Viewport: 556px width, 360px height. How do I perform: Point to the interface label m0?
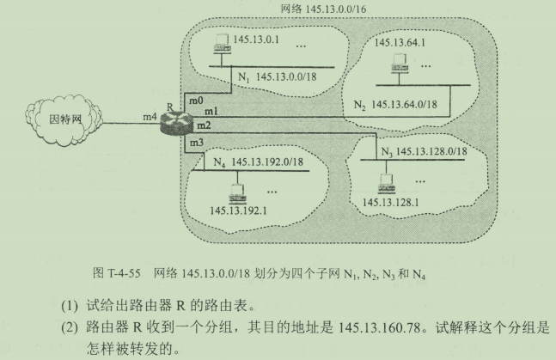(196, 101)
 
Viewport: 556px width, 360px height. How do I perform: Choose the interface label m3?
(196, 140)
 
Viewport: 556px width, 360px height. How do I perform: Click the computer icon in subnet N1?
(222, 42)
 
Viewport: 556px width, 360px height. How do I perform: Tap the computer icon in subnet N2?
(398, 63)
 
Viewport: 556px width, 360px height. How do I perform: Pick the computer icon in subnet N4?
(236, 188)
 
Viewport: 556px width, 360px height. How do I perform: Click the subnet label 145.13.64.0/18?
(407, 105)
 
